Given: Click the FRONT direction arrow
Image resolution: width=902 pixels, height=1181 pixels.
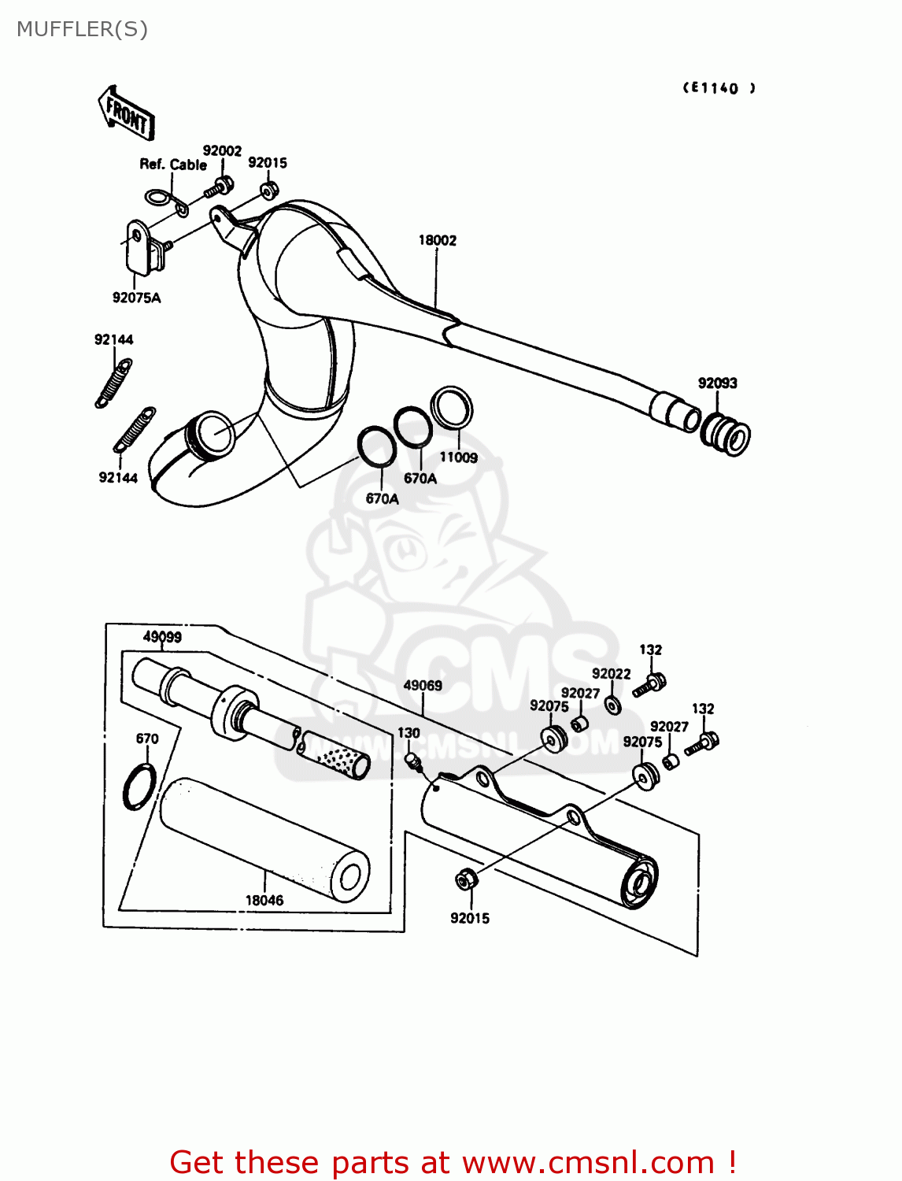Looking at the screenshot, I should tap(126, 113).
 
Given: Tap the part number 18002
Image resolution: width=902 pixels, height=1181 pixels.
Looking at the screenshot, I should tap(437, 240).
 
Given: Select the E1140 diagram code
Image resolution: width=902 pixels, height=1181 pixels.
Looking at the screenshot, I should tap(719, 88).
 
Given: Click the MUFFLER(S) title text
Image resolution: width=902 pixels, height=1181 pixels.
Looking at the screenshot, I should tap(82, 29).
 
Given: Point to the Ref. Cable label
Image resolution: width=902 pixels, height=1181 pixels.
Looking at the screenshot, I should tap(173, 165).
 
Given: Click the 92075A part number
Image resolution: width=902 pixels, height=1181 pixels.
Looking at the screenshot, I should tap(136, 298).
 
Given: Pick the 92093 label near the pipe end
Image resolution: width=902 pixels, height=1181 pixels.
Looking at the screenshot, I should tap(717, 383).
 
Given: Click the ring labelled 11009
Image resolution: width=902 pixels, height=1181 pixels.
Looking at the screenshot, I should tap(453, 407).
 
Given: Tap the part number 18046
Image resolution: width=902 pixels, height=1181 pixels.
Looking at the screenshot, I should tap(264, 900).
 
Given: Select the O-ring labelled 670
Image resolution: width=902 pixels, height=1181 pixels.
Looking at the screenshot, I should tap(139, 787).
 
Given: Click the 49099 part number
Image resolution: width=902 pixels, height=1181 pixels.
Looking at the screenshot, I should tap(162, 637).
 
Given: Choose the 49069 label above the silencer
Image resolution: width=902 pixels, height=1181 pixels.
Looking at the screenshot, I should tap(423, 685).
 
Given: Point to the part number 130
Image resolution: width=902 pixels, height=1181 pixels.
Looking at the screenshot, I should tap(408, 733).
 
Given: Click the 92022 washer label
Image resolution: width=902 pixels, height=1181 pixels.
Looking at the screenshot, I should tap(611, 673).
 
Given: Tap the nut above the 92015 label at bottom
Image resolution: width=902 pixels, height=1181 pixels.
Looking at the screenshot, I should tap(465, 879).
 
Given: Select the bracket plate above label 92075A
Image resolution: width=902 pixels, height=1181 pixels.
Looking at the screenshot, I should tap(138, 246).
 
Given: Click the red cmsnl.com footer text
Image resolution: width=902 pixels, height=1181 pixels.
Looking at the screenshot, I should tap(453, 1162).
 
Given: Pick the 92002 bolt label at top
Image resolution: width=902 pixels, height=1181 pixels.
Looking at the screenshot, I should tap(222, 150).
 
